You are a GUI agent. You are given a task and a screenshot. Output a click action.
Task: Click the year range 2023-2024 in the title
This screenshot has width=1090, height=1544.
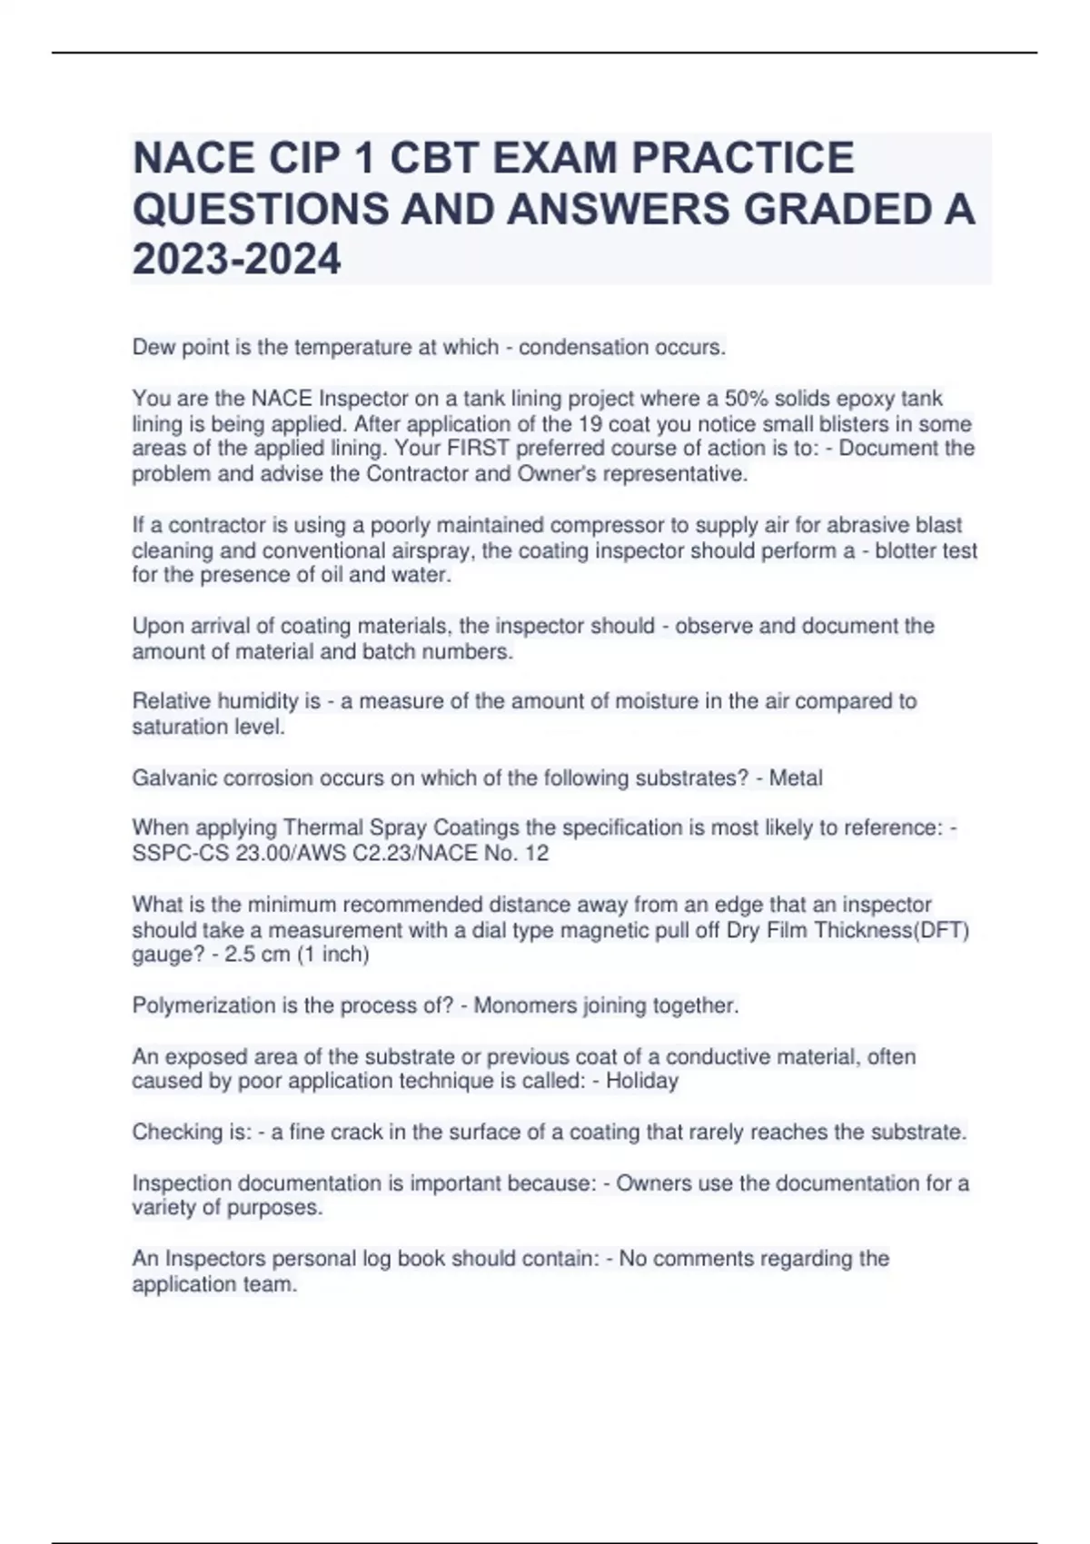(x=237, y=259)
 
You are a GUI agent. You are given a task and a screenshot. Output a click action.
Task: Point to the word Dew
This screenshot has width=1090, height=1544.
(x=152, y=347)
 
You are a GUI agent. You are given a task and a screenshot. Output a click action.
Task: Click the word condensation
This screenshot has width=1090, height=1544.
(x=580, y=347)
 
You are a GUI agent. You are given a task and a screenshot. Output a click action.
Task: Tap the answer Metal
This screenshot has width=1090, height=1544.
(x=796, y=778)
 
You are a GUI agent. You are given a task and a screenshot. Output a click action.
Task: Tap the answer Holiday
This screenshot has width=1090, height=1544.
(x=642, y=1081)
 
